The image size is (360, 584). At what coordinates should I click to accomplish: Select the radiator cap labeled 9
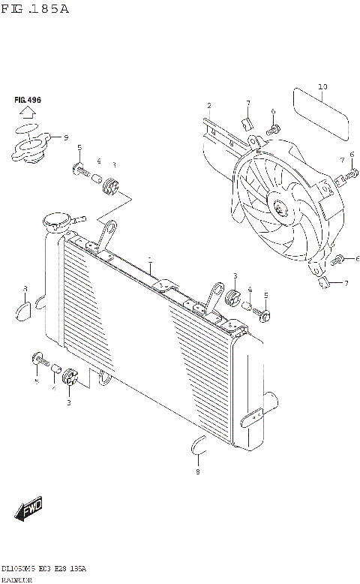coord(32,150)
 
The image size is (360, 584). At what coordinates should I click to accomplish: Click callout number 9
coord(66,137)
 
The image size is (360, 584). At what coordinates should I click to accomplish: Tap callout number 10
coord(322,87)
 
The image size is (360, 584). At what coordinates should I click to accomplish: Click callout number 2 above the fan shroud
coord(209,105)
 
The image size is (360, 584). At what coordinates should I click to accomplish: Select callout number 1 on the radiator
coord(149,260)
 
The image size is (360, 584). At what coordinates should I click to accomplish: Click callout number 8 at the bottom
coord(198,471)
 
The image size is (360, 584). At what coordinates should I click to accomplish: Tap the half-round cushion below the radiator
coord(197,447)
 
